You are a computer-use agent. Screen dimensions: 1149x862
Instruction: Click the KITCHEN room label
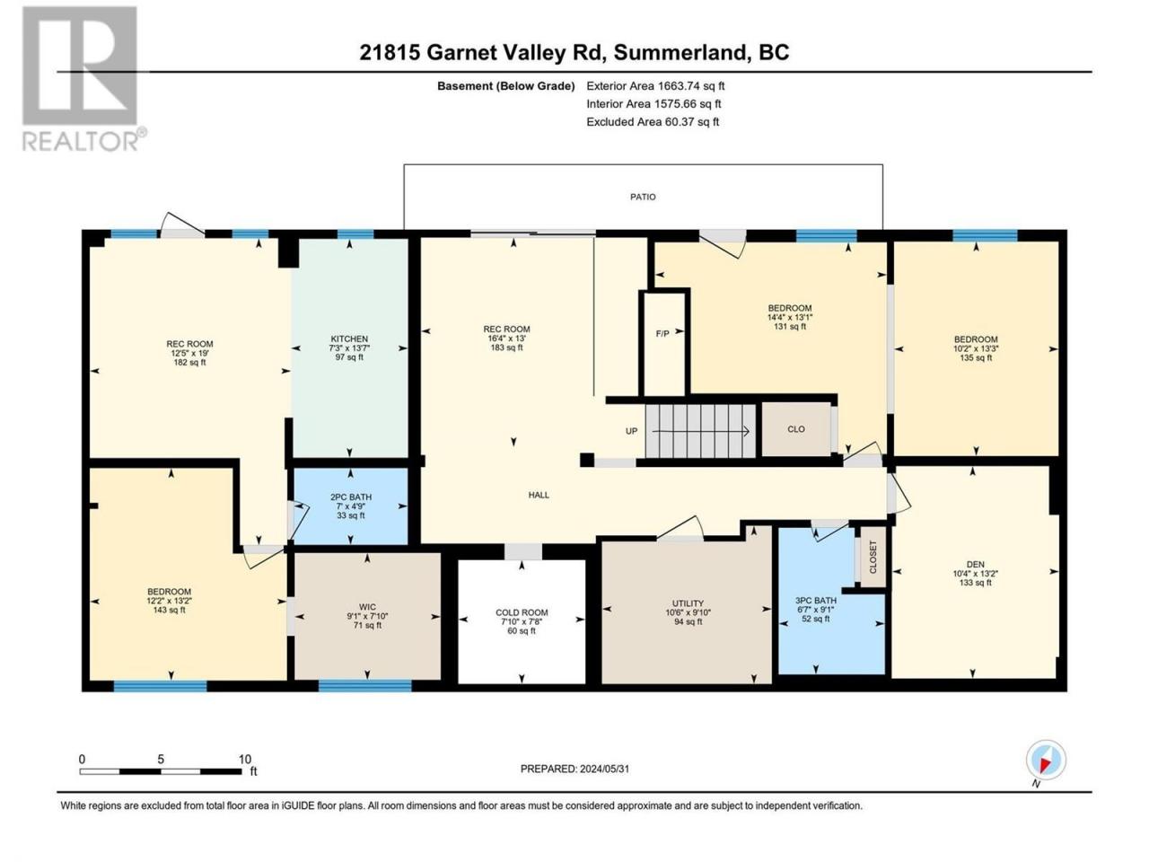click(349, 339)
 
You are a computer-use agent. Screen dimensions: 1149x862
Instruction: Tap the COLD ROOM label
click(522, 612)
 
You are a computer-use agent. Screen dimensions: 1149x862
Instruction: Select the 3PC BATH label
click(816, 601)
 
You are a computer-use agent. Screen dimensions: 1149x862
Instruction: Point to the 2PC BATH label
click(351, 497)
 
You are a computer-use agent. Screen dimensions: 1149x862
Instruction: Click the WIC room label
click(367, 607)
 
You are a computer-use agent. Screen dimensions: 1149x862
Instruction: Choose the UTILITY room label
click(688, 603)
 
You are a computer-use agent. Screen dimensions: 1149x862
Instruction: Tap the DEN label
click(975, 564)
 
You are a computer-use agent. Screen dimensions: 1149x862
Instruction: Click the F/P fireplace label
click(662, 333)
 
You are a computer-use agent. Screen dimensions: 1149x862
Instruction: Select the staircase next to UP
click(700, 431)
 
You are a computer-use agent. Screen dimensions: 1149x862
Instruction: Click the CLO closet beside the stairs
click(796, 429)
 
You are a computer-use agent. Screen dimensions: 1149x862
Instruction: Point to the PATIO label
click(643, 197)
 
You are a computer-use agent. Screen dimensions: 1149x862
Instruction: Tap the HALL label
click(539, 495)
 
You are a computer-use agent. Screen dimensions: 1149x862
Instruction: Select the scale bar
click(161, 771)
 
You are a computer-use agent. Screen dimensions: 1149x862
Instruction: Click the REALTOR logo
click(83, 79)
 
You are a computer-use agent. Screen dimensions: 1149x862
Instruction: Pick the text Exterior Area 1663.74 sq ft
click(655, 86)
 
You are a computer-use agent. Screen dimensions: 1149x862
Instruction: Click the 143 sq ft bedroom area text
click(170, 610)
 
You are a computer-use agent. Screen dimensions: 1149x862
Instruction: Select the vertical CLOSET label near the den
click(873, 557)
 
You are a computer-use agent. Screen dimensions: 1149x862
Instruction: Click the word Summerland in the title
click(680, 53)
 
